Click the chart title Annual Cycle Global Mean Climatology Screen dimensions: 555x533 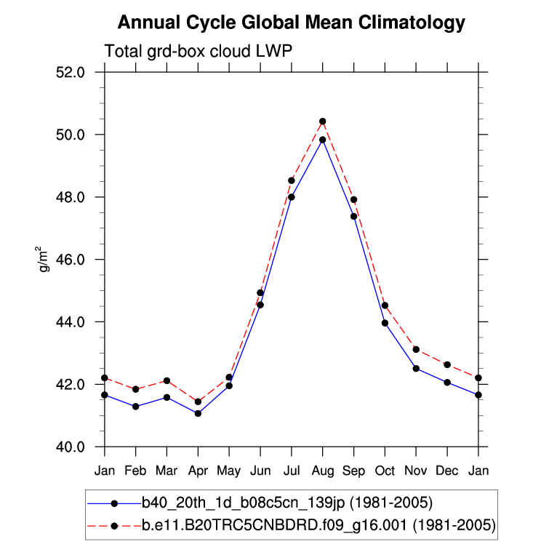coord(291,23)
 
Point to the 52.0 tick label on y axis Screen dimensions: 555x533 coord(71,73)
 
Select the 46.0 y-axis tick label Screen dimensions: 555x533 coord(71,260)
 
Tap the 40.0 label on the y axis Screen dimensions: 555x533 coord(71,447)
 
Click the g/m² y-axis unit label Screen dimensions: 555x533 coord(44,260)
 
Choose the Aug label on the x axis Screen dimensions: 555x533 coord(322,471)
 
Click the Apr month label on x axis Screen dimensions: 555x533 coord(198,471)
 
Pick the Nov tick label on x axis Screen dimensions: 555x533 coord(416,471)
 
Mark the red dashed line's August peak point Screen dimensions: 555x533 coord(322,121)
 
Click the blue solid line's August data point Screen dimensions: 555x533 coord(322,140)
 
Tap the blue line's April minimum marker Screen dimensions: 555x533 coord(198,413)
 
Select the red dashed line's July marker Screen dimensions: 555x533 coord(292,180)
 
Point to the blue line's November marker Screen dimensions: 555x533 coord(416,369)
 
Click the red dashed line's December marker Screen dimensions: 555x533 coord(447,364)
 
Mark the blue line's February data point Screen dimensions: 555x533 coord(135,407)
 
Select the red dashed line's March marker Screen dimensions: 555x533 coord(167,380)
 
